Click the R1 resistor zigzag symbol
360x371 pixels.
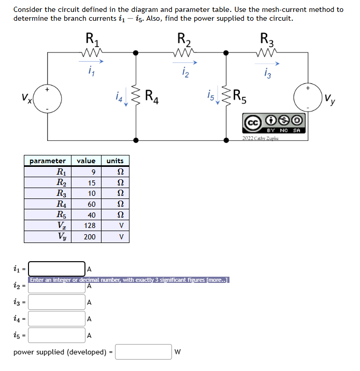coord(93,52)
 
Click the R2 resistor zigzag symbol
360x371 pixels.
coord(184,52)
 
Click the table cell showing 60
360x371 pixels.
coord(91,204)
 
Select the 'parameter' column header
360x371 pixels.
coord(48,161)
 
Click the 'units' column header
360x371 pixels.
coord(115,161)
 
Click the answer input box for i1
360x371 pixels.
coord(57,268)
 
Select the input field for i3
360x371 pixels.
coord(57,302)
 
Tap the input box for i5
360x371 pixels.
coord(57,335)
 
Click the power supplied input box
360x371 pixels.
coord(143,352)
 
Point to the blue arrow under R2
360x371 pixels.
coord(184,62)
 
